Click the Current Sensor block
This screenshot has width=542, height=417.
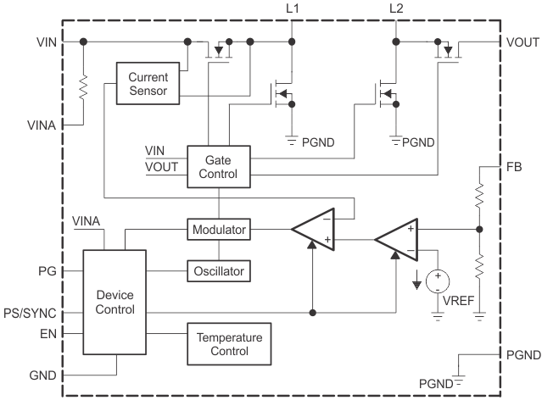click(148, 83)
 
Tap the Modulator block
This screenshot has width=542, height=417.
click(218, 230)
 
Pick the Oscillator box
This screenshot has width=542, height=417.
click(218, 271)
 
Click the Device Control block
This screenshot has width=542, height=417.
click(115, 302)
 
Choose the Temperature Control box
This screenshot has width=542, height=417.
click(229, 343)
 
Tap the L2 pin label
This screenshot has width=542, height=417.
click(396, 8)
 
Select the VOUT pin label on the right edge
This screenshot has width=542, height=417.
click(522, 42)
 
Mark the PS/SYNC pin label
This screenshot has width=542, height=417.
click(28, 313)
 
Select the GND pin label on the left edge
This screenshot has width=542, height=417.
click(42, 373)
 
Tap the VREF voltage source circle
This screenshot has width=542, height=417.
click(438, 281)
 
